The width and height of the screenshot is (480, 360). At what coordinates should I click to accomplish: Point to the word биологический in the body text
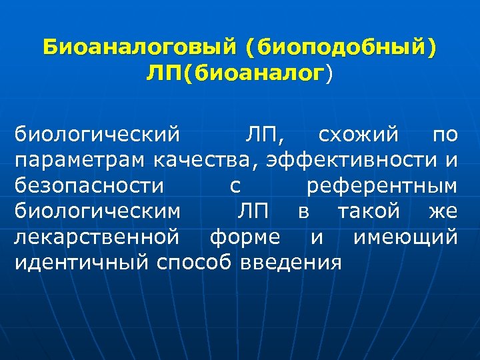click(x=98, y=135)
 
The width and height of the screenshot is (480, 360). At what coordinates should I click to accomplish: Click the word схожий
click(x=361, y=135)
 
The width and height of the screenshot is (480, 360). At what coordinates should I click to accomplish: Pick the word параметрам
click(x=81, y=161)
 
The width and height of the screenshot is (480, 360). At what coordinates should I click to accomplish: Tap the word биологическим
click(x=98, y=211)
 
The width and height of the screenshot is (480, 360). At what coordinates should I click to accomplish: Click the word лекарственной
click(x=97, y=237)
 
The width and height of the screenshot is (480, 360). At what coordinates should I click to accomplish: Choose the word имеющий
click(x=405, y=237)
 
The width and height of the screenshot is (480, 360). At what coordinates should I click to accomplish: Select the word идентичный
click(x=81, y=262)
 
